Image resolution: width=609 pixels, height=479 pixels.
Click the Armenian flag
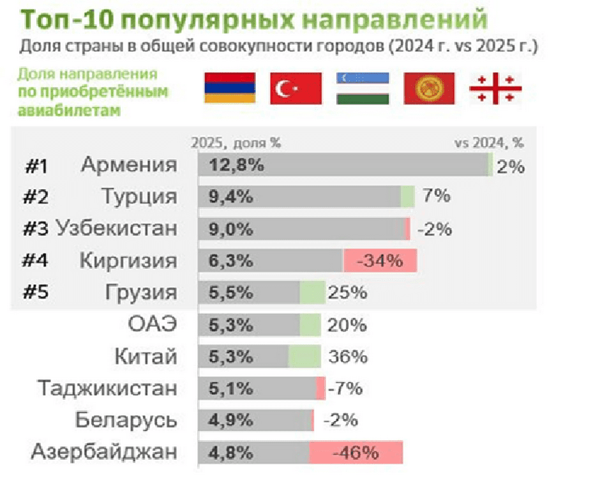[x=229, y=88]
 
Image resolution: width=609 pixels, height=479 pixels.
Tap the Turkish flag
[x=296, y=88]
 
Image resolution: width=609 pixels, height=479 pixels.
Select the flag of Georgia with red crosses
[x=495, y=88]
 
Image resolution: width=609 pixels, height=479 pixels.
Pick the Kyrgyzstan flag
[x=429, y=88]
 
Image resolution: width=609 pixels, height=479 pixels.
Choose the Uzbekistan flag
[x=363, y=88]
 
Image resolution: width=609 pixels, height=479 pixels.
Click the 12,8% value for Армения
[x=236, y=165]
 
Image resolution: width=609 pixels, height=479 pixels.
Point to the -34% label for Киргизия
[x=380, y=261]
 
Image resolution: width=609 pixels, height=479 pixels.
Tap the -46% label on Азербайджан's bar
[x=356, y=453]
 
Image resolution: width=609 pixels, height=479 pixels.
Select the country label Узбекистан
[x=116, y=229]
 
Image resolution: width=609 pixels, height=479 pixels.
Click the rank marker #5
[x=36, y=293]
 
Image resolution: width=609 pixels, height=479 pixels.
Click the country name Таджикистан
[x=107, y=389]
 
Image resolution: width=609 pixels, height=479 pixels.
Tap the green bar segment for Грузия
[x=312, y=293]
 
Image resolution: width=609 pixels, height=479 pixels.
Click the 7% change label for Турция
[x=436, y=196]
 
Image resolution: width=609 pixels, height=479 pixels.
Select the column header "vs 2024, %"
[x=488, y=143]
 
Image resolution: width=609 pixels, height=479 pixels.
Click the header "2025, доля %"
[x=236, y=143]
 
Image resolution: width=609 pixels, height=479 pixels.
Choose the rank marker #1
[x=36, y=167]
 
